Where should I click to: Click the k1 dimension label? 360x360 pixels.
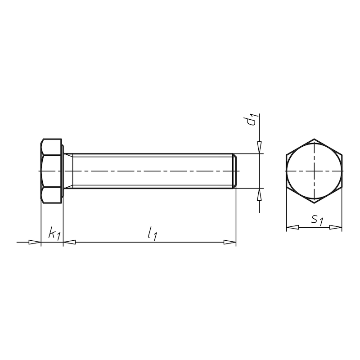tap(54, 234)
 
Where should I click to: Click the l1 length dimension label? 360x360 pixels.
tap(152, 234)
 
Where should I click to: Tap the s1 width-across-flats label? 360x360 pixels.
tap(317, 220)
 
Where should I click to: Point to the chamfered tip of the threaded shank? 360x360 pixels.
tap(234, 171)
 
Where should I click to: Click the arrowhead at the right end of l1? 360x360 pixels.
tap(230, 243)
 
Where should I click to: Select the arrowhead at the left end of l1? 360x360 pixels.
tap(69, 243)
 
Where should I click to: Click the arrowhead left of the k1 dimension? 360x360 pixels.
tap(35, 243)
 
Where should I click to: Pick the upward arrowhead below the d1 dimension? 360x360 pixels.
tap(260, 194)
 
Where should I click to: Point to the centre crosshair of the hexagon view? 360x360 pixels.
tap(314, 171)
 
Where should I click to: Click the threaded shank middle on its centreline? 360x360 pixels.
tap(153, 171)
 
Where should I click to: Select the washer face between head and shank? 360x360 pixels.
tap(63, 171)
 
